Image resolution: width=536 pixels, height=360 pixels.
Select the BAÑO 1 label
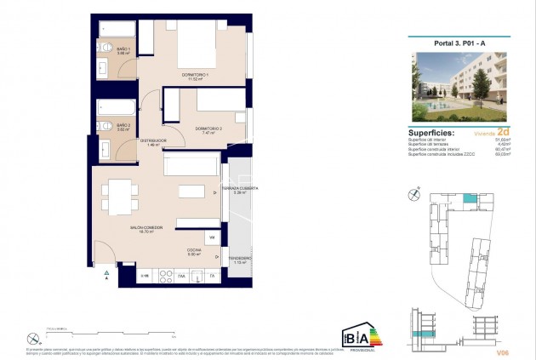123,50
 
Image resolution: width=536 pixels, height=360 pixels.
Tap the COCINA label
195,249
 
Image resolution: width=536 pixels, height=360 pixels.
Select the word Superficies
431,133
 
